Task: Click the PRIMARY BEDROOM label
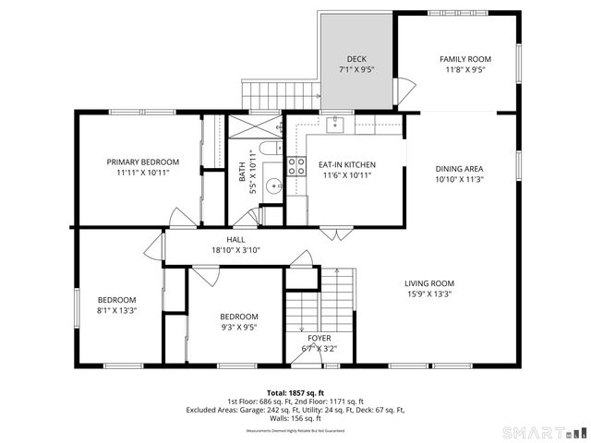click(x=141, y=162)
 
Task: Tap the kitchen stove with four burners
click(x=296, y=166)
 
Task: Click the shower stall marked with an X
click(x=253, y=126)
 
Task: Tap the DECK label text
click(x=356, y=58)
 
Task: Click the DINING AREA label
click(x=459, y=169)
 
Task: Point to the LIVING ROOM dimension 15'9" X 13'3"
click(x=428, y=295)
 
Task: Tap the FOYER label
click(x=320, y=338)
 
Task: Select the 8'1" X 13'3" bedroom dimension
click(x=116, y=311)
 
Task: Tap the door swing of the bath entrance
click(x=245, y=217)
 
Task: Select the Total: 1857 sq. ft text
click(x=296, y=392)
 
